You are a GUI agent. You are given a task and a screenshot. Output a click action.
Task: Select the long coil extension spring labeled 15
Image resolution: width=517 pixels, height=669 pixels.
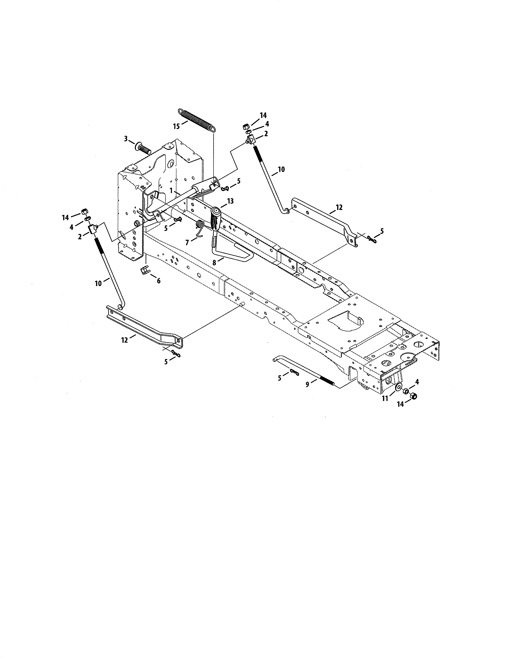click(x=196, y=119)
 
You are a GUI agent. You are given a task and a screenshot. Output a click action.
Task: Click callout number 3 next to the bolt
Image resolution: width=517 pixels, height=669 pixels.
click(x=125, y=139)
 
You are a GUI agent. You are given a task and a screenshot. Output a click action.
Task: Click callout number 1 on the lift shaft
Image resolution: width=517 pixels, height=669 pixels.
click(x=171, y=191)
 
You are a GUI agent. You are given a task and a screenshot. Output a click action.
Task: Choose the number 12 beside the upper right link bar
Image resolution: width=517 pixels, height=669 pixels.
click(x=339, y=207)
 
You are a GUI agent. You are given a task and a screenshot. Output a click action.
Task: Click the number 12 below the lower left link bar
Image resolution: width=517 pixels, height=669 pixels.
click(x=124, y=340)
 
